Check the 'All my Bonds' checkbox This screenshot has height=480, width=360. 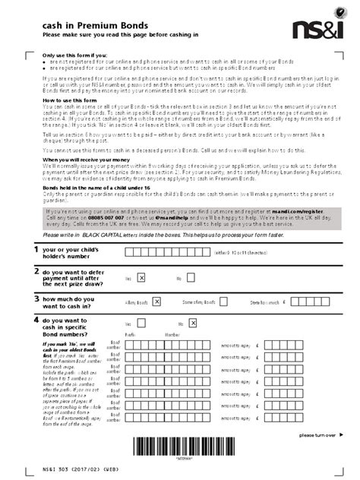(x=156, y=301)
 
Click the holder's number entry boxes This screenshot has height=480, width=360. (x=168, y=252)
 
